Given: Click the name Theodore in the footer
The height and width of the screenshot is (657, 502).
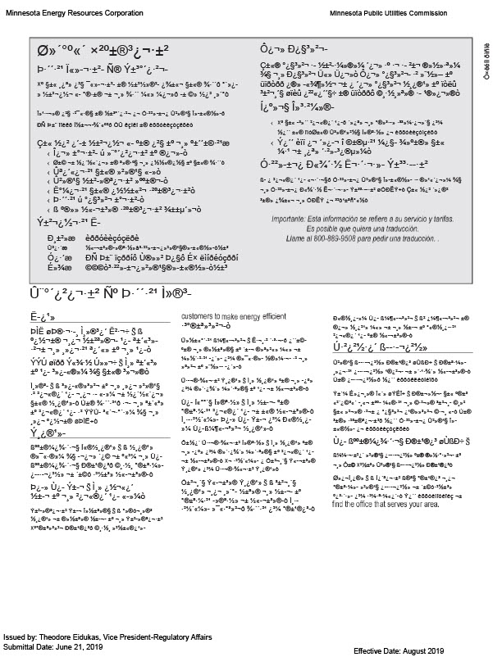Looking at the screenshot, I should (62, 637).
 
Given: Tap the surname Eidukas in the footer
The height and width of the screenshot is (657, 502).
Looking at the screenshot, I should (98, 637).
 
